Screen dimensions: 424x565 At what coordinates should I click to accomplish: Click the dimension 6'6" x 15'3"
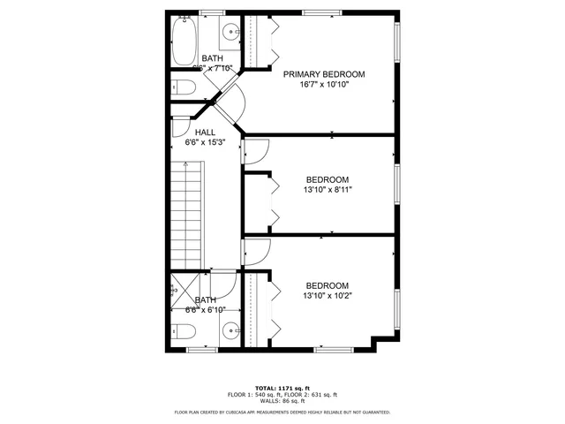205,141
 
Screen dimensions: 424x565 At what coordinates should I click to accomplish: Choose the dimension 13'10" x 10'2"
327,296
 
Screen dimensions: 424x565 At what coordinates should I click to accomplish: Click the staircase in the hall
186,211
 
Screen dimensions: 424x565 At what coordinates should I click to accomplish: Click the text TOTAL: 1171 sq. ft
282,387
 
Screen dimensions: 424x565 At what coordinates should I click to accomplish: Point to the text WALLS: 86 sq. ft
282,401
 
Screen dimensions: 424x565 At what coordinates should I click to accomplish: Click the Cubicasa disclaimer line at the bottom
282,412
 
